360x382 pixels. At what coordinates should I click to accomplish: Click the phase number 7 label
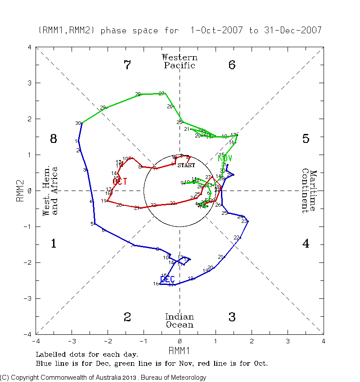click(127, 65)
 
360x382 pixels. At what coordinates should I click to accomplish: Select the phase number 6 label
click(232, 65)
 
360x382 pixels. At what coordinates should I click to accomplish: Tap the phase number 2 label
click(127, 317)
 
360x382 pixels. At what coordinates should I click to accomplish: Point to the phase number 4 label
click(306, 244)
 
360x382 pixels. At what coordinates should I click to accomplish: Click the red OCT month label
click(120, 182)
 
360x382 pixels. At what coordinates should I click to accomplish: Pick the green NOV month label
click(225, 158)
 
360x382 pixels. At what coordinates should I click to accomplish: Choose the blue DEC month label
click(167, 280)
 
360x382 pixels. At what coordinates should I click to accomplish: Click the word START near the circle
click(186, 165)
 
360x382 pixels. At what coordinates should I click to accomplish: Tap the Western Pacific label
click(180, 62)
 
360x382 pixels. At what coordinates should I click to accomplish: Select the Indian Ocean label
click(180, 321)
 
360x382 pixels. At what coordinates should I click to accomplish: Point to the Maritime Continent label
click(310, 191)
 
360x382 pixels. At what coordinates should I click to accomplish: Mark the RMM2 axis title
click(20, 191)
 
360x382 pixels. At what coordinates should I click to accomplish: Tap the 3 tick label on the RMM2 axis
click(29, 83)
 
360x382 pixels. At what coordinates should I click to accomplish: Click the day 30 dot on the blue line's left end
click(81, 123)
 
